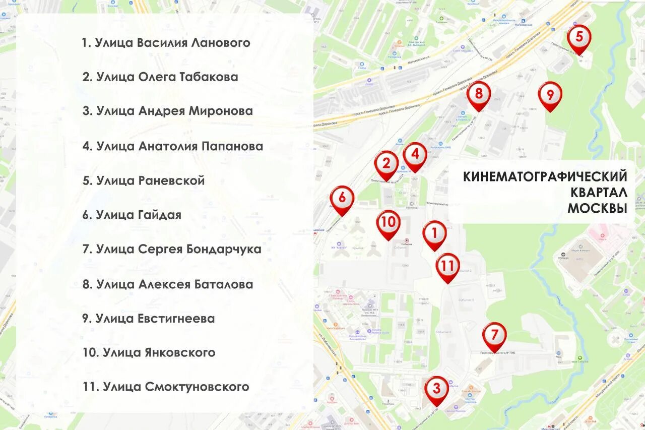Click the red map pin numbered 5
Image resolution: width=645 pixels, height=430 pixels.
[579, 37]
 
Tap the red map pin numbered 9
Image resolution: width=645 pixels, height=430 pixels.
[550, 94]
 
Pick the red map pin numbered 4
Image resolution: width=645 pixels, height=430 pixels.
[415, 154]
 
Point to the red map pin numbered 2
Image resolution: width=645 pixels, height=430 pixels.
[386, 163]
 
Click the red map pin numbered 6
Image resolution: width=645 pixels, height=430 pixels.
[342, 198]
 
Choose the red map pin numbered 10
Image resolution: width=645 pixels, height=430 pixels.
[388, 222]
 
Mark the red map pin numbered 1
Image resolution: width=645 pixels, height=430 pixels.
[434, 233]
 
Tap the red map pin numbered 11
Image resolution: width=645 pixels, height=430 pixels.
[447, 266]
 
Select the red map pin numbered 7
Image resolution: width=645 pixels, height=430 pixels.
[494, 335]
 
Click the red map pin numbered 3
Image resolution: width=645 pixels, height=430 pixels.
[436, 389]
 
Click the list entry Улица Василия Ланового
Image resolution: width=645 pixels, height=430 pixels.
[166, 43]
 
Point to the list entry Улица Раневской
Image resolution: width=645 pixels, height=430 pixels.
[144, 180]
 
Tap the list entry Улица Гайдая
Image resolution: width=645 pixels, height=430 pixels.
[132, 215]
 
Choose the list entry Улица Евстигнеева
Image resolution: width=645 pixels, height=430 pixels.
[149, 319]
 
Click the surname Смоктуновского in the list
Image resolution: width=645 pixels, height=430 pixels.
[197, 387]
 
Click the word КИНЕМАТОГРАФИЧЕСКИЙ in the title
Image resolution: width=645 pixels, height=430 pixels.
[545, 177]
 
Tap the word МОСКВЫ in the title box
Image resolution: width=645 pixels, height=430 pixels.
[597, 208]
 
